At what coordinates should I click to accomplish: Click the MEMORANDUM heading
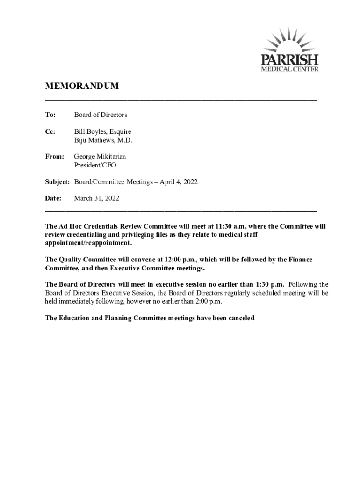click(82, 86)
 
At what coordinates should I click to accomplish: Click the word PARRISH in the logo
click(290, 60)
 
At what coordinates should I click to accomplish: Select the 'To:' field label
click(50, 115)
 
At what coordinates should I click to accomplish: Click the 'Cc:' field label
click(50, 132)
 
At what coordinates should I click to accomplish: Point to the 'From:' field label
click(54, 157)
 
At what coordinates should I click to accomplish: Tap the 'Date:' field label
click(53, 198)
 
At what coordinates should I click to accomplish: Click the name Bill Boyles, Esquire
click(102, 132)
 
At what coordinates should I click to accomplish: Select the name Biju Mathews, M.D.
click(103, 140)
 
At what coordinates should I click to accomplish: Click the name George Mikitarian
click(100, 157)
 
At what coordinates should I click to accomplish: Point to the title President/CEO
click(95, 165)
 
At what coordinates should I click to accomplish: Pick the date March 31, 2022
click(97, 198)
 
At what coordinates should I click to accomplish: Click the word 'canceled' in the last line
click(239, 318)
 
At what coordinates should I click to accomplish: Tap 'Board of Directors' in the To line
click(101, 115)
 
